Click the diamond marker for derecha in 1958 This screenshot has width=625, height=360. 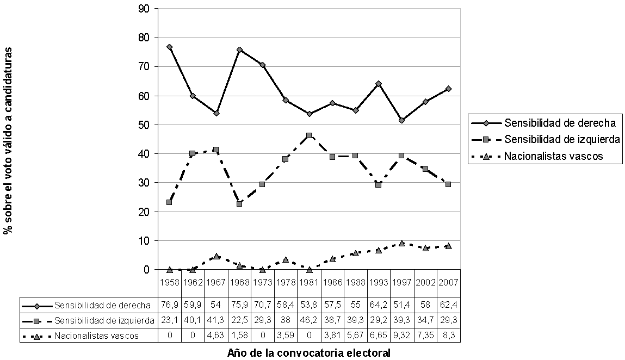click(x=170, y=47)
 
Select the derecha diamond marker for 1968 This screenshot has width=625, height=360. click(x=239, y=49)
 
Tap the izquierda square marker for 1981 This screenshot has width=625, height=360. click(x=309, y=135)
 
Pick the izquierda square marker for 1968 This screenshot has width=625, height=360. click(x=239, y=204)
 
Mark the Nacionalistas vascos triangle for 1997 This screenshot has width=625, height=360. click(x=402, y=243)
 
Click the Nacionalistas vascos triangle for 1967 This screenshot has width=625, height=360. click(x=216, y=256)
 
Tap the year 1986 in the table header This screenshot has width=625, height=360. click(x=332, y=282)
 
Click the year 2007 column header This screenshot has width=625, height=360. click(x=448, y=282)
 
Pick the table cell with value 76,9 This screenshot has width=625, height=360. click(x=170, y=305)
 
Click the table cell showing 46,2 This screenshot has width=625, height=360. click(x=309, y=320)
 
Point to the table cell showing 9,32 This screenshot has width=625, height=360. click(x=402, y=336)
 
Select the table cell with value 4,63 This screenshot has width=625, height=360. click(x=216, y=336)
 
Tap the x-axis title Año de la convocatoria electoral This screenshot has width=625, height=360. click(x=308, y=353)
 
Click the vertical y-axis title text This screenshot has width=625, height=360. click(x=9, y=140)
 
